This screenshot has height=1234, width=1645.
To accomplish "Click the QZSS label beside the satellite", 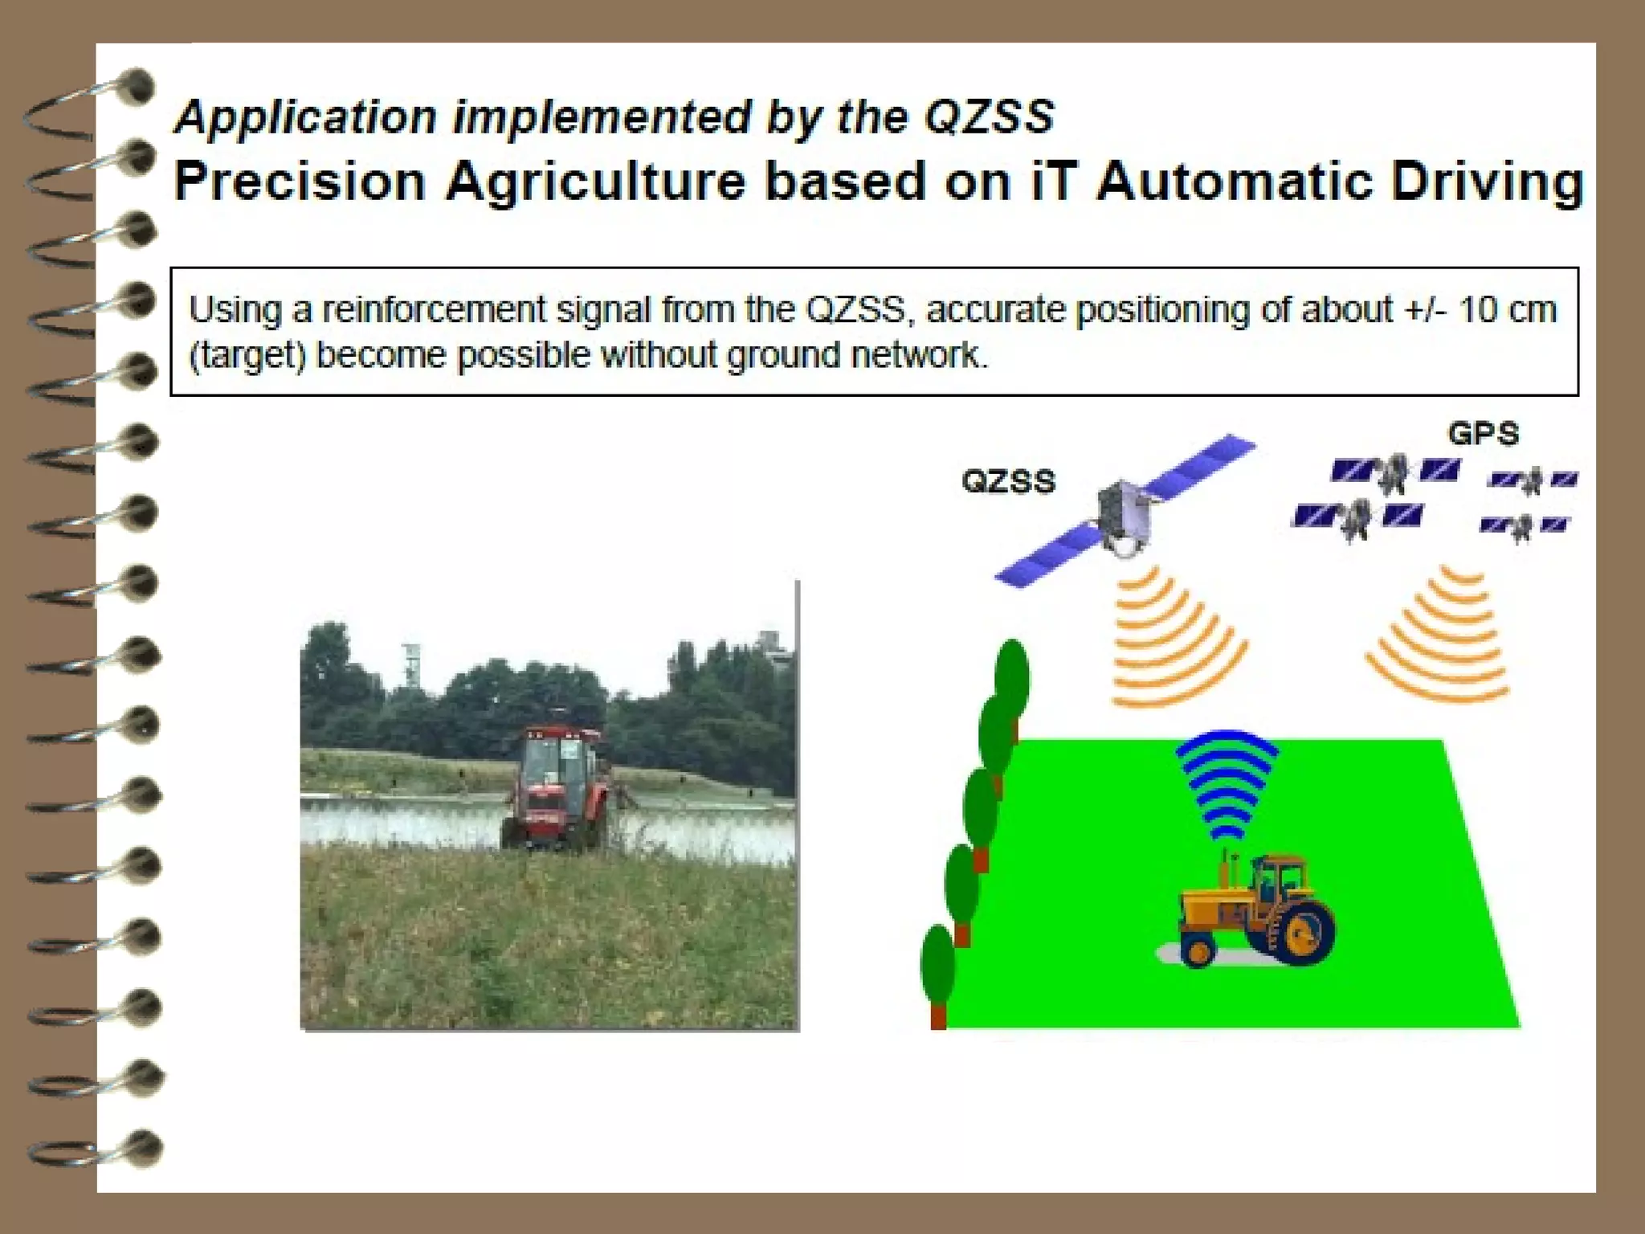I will pyautogui.click(x=1008, y=481).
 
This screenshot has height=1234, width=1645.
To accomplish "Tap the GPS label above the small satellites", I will pyautogui.click(x=1483, y=434).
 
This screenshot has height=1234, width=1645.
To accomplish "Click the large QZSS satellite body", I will pyautogui.click(x=1125, y=514).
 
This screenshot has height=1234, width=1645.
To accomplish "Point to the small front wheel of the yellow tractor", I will pyautogui.click(x=1198, y=951).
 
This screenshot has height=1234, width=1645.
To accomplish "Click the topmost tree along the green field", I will pyautogui.click(x=1011, y=679).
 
